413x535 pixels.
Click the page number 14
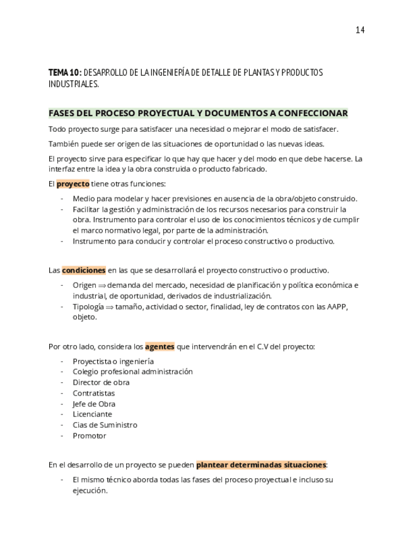pyautogui.click(x=360, y=30)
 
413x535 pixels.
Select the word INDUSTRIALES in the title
pyautogui.click(x=73, y=84)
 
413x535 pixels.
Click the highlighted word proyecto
pyautogui.click(x=73, y=184)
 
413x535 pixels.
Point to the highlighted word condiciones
pyautogui.click(x=83, y=270)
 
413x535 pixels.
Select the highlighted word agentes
pyautogui.click(x=160, y=346)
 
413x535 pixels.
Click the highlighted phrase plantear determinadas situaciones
pyautogui.click(x=261, y=465)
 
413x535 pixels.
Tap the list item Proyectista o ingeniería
pyautogui.click(x=113, y=362)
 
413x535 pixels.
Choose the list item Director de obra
pyautogui.click(x=101, y=382)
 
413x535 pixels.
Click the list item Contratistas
pyautogui.click(x=93, y=393)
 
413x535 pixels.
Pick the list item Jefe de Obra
pyautogui.click(x=94, y=404)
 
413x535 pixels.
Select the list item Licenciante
pyautogui.click(x=92, y=414)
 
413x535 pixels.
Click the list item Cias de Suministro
pyautogui.click(x=105, y=425)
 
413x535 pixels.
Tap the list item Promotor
pyautogui.click(x=89, y=435)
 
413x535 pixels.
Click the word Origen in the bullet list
pyautogui.click(x=84, y=285)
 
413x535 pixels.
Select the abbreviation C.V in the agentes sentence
pyautogui.click(x=263, y=346)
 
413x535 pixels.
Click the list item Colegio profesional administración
pyautogui.click(x=132, y=372)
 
